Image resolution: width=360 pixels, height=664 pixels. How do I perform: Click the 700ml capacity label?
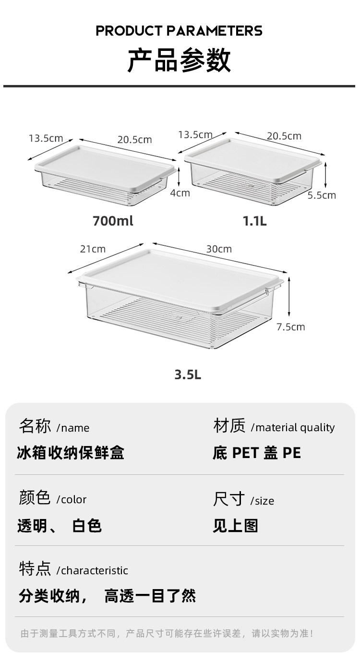click(x=112, y=221)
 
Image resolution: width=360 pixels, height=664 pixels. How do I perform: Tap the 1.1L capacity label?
click(x=254, y=221)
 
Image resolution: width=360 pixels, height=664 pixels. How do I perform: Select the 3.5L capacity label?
click(x=188, y=374)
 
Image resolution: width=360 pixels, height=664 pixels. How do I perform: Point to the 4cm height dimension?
click(x=180, y=193)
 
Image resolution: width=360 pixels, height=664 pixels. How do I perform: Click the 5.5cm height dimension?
click(x=322, y=195)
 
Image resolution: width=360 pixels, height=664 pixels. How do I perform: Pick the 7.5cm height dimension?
click(x=290, y=327)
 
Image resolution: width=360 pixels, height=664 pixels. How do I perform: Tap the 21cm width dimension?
click(x=93, y=249)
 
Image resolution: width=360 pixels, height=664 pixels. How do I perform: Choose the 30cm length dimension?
click(x=218, y=249)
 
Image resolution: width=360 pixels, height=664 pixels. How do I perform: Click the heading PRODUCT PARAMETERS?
click(x=179, y=31)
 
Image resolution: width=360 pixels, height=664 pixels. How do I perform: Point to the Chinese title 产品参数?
click(x=179, y=60)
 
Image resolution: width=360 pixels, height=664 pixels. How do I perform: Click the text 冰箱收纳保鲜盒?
click(x=71, y=453)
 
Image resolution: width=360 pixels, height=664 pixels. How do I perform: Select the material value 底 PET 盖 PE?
click(x=257, y=453)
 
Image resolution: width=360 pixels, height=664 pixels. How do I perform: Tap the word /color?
click(x=72, y=499)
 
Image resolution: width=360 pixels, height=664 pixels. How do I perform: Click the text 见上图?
click(x=235, y=526)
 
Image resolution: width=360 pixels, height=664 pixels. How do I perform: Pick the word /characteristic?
click(x=92, y=570)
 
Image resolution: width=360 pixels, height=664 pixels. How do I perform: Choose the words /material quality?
click(x=292, y=427)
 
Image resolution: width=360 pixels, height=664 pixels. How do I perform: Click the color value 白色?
click(x=87, y=526)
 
